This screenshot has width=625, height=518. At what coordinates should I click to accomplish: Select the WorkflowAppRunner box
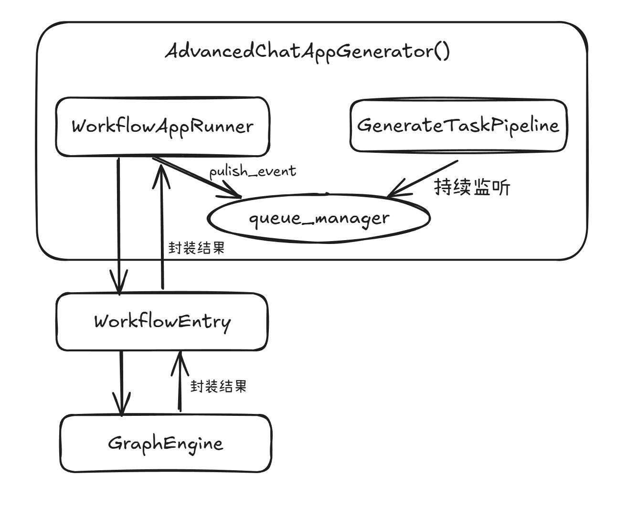[162, 127]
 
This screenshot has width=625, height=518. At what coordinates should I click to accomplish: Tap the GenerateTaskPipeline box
[458, 126]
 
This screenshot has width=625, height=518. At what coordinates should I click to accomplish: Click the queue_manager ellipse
[319, 218]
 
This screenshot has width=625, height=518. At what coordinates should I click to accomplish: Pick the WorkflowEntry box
[162, 321]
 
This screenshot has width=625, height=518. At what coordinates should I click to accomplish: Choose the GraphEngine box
[165, 444]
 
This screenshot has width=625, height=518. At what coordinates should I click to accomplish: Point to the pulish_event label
[253, 171]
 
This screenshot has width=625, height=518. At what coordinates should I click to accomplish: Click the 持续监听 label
[472, 188]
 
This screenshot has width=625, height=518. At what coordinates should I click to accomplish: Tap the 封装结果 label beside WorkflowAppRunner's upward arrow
[196, 248]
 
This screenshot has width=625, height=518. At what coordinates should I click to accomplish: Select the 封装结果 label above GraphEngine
[218, 386]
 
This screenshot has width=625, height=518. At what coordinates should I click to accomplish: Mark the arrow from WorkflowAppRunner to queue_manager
[196, 177]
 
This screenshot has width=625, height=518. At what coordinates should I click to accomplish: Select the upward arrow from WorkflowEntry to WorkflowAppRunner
[162, 229]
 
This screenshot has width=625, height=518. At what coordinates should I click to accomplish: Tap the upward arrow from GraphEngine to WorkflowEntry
[180, 382]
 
